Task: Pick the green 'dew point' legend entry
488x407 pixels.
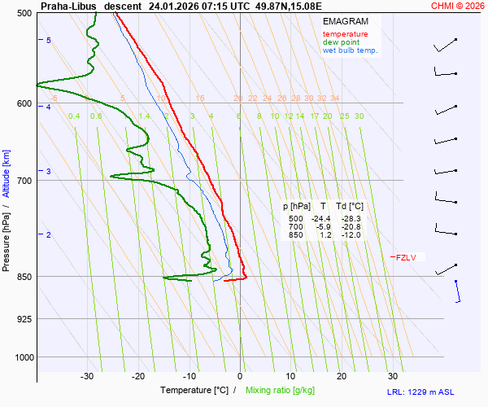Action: click(x=341, y=42)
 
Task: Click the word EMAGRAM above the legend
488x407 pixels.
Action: click(x=344, y=21)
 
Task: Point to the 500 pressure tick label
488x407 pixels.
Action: click(x=24, y=13)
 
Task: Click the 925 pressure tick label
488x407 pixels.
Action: click(x=24, y=318)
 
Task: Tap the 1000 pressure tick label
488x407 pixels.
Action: click(x=23, y=357)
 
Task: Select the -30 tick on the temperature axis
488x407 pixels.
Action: click(x=87, y=376)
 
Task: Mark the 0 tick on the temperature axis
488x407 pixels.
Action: click(x=240, y=376)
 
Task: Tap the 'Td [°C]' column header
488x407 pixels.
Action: click(x=351, y=207)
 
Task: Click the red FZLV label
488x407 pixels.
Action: click(x=405, y=258)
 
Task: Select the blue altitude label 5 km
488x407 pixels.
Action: click(x=48, y=40)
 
